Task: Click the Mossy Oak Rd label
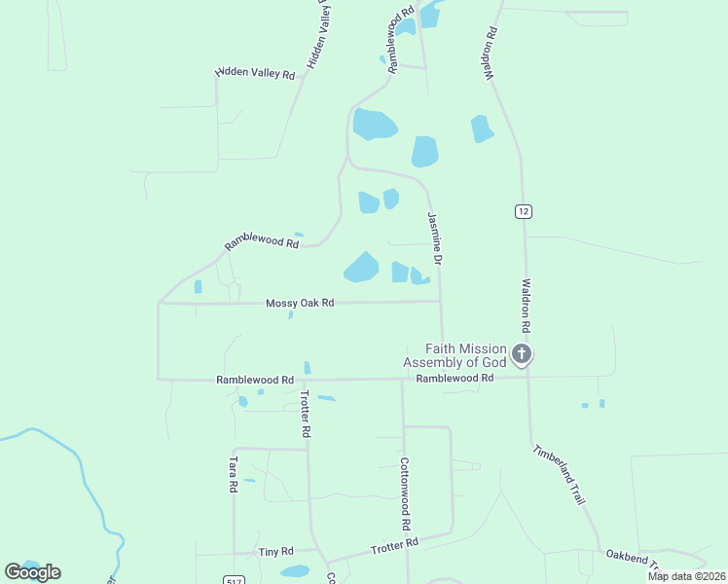[x=300, y=304]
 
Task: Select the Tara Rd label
[x=234, y=473]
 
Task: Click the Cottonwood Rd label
[x=403, y=488]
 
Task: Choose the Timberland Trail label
[x=560, y=474]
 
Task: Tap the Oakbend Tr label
[x=634, y=557]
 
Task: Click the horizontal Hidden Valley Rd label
[x=255, y=73]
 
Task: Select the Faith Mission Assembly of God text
[x=465, y=355]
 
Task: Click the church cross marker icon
[x=522, y=354]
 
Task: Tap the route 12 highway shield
[x=524, y=211]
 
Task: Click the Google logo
[x=32, y=572]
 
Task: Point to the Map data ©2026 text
[x=686, y=576]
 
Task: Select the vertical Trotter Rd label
[x=306, y=413]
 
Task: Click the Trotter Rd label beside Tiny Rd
[x=394, y=547]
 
